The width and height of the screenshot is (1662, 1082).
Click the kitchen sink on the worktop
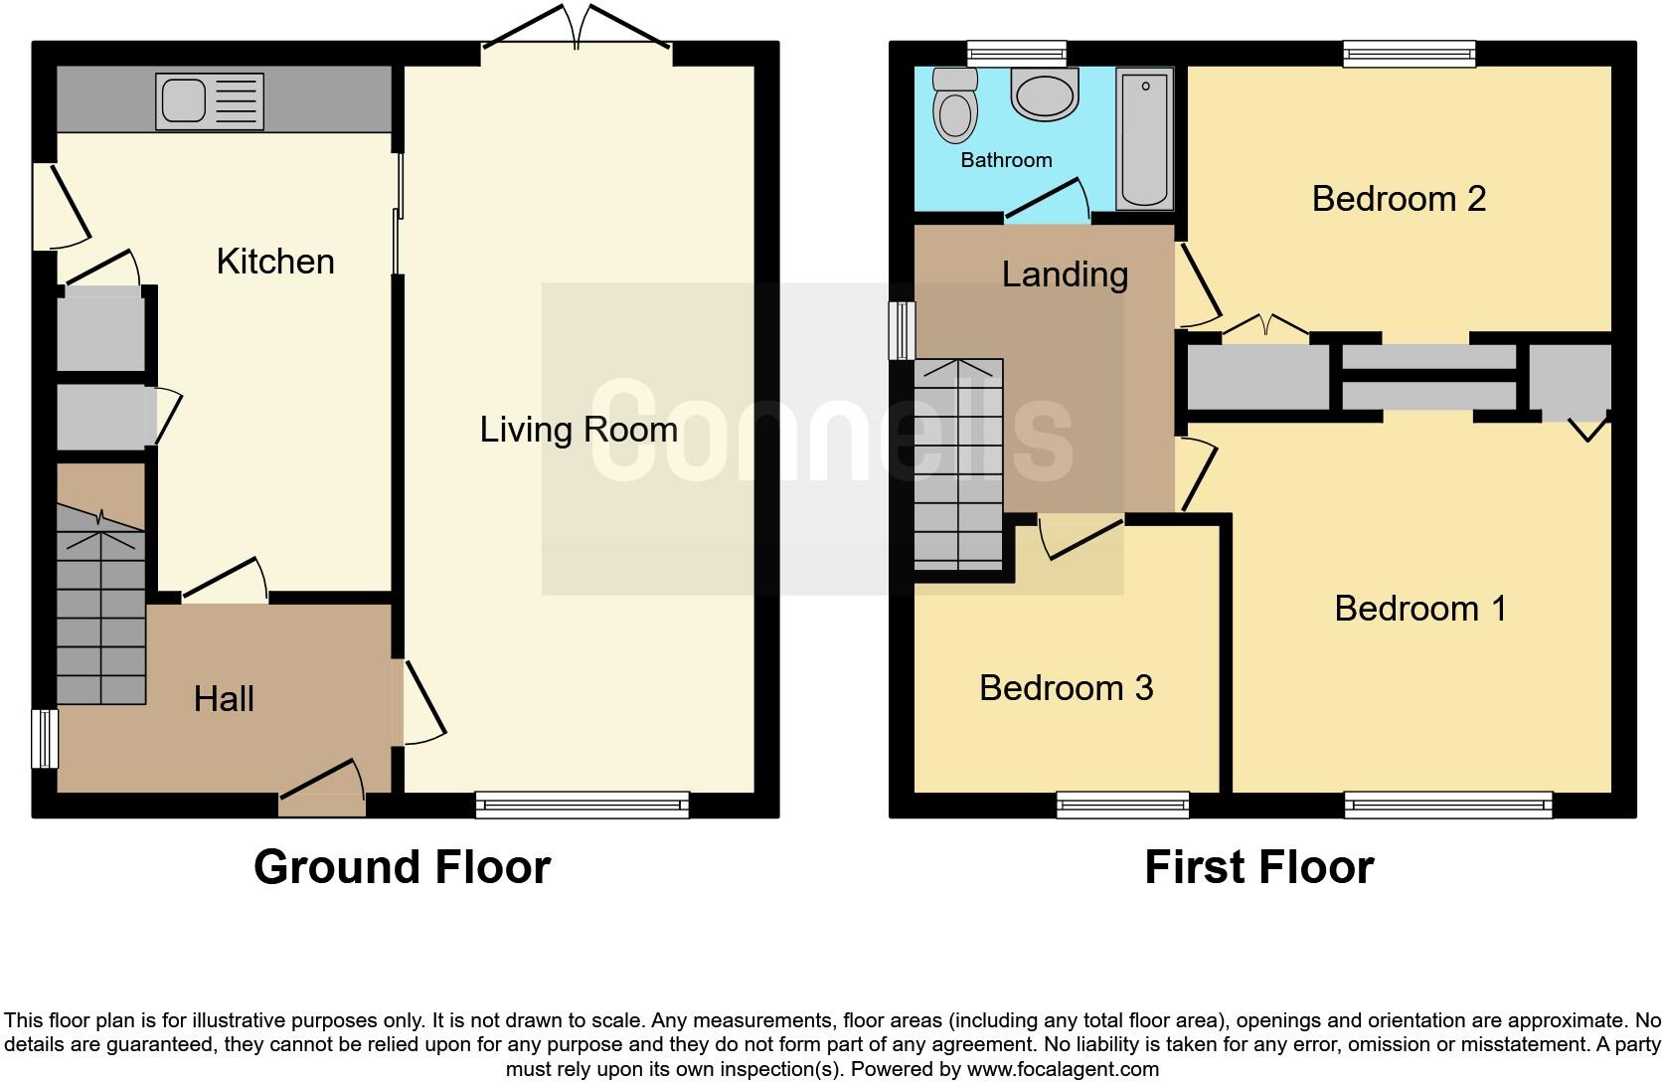pyautogui.click(x=210, y=101)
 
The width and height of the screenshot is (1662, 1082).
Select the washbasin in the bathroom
pyautogui.click(x=1044, y=95)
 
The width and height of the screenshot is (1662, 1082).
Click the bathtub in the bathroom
pyautogui.click(x=1145, y=139)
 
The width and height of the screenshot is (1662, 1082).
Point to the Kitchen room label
pyautogui.click(x=275, y=262)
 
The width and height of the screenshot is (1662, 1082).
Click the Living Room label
pyautogui.click(x=579, y=430)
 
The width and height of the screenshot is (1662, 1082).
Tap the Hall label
pyautogui.click(x=224, y=699)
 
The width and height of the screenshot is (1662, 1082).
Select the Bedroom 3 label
pyautogui.click(x=1066, y=687)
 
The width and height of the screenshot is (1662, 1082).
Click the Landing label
pyautogui.click(x=1065, y=274)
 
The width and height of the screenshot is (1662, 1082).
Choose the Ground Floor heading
pyautogui.click(x=402, y=867)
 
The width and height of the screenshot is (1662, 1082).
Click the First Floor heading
pyautogui.click(x=1258, y=867)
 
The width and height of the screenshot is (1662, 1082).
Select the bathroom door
pyautogui.click(x=1047, y=199)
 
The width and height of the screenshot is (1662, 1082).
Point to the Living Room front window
pyautogui.click(x=582, y=804)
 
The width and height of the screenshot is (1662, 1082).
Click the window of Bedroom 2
pyautogui.click(x=1409, y=54)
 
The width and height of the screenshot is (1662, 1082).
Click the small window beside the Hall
pyautogui.click(x=45, y=738)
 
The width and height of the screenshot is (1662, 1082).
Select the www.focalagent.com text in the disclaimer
pyautogui.click(x=1063, y=1070)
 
